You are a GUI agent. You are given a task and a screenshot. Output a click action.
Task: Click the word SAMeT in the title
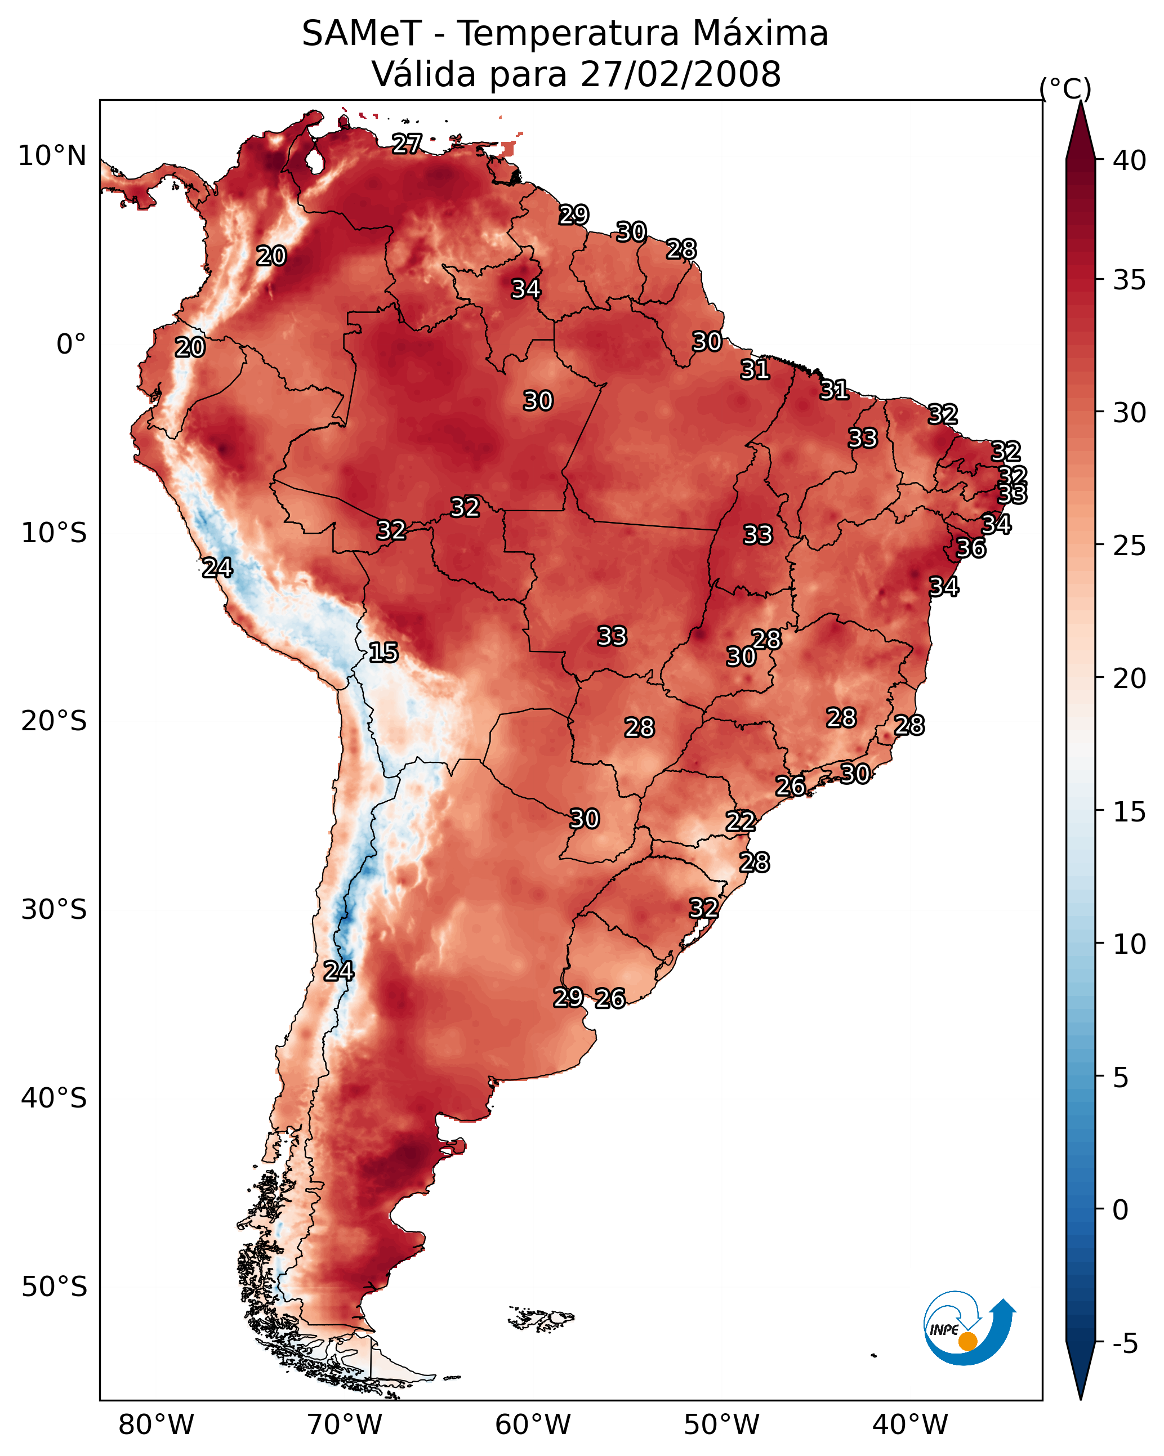362,34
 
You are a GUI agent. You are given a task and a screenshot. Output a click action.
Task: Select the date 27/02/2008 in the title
680,74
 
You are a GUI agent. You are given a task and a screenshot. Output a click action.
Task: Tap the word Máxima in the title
760,34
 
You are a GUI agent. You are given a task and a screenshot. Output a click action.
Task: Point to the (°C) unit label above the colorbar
1065,88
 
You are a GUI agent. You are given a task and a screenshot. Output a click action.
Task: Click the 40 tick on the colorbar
1130,160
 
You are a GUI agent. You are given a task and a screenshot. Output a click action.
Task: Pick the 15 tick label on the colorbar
1130,812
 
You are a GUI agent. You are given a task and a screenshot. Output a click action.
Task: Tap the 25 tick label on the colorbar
1130,546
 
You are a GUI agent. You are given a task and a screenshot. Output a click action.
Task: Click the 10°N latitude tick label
52,156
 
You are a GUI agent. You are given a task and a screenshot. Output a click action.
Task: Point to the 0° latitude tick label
71,345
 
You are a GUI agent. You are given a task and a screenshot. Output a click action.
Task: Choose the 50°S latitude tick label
54,1287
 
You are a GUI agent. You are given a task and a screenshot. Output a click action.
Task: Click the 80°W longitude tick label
156,1425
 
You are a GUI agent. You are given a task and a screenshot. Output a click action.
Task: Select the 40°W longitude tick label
910,1425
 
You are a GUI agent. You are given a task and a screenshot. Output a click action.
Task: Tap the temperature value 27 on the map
407,143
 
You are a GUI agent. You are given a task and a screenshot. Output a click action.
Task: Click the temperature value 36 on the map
971,548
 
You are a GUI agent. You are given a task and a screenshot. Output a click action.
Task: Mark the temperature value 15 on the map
383,653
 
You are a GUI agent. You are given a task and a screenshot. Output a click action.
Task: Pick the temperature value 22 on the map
741,822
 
